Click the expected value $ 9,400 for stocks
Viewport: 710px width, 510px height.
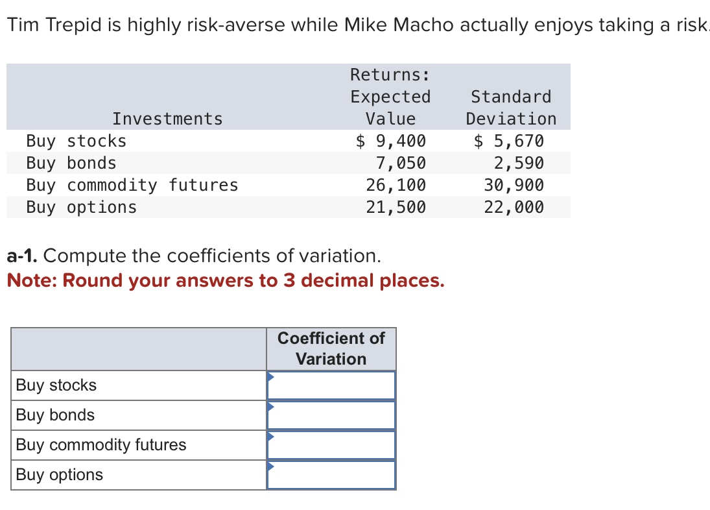[x=391, y=141]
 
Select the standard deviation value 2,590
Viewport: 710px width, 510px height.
[x=519, y=163]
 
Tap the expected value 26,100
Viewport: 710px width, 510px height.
[x=396, y=185]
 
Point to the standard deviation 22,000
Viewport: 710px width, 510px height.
[x=514, y=207]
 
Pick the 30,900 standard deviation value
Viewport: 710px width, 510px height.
[x=514, y=185]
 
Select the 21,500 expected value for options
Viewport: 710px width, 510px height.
[x=396, y=207]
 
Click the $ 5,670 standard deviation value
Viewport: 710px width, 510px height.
[x=509, y=141]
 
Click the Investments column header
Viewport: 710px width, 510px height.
[x=167, y=119]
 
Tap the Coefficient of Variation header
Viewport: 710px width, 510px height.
[x=331, y=348]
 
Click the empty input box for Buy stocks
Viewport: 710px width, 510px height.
[x=331, y=385]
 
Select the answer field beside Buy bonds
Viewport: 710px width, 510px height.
[x=331, y=415]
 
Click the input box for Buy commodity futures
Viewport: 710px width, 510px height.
[x=331, y=445]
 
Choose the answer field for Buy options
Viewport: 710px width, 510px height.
[x=331, y=475]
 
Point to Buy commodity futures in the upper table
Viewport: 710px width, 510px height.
[x=132, y=185]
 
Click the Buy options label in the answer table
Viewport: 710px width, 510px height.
[x=60, y=475]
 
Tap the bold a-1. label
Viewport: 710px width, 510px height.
[x=23, y=256]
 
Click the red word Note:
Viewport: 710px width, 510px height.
[x=32, y=281]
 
